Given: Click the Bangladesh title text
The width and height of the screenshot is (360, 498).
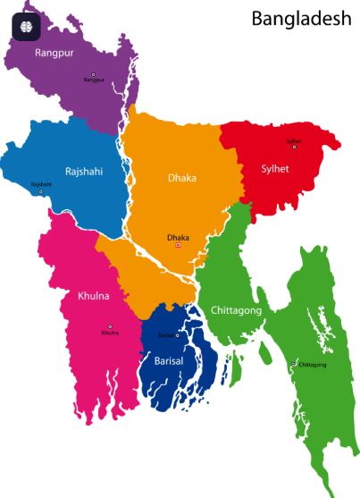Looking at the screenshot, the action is [x=301, y=19].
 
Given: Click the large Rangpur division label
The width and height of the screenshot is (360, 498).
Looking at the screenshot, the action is [x=54, y=53].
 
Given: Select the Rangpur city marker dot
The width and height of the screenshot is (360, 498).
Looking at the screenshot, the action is [x=93, y=74].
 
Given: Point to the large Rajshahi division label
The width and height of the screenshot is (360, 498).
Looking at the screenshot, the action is [x=85, y=171].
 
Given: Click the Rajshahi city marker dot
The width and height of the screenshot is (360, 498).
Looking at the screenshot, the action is [x=40, y=191].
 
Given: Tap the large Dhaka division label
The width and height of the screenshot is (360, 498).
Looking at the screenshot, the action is [x=182, y=178].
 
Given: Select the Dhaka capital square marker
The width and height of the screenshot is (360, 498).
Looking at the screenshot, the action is [x=178, y=245].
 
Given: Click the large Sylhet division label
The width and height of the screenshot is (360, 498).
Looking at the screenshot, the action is [x=275, y=169].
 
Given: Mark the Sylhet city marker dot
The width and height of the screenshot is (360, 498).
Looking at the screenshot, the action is [x=294, y=147].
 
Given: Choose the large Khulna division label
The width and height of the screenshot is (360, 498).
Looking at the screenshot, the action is [x=95, y=295].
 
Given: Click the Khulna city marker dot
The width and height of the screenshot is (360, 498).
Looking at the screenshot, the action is [x=110, y=326].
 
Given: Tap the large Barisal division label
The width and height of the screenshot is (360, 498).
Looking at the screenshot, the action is [x=168, y=361].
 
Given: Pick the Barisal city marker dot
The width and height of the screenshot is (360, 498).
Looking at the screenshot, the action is [x=177, y=335].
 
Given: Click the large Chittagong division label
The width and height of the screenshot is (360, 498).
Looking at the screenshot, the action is [x=236, y=310].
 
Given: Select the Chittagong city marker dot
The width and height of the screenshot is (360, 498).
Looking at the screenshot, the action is [x=293, y=365].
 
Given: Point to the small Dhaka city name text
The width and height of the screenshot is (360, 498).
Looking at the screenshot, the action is [x=178, y=237].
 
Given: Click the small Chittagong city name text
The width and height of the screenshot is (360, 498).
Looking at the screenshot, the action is [x=312, y=365].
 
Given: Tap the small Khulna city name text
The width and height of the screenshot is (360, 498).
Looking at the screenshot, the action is [x=110, y=333].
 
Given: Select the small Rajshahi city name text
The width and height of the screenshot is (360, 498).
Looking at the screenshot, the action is [x=41, y=184].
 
